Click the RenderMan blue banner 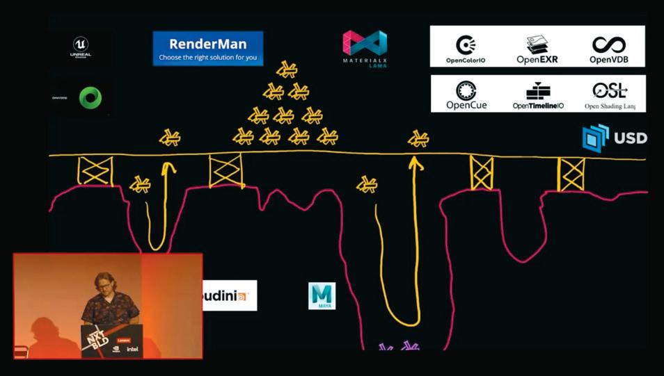tap(208, 49)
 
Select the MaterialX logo tap(365, 48)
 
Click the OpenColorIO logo tap(466, 49)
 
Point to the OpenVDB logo tap(609, 49)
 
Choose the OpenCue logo tap(466, 95)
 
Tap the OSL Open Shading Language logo tap(610, 95)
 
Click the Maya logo tap(322, 295)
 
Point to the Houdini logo tap(229, 295)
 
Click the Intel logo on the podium tap(132, 348)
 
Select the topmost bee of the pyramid tap(286, 70)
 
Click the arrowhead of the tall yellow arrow tap(416, 163)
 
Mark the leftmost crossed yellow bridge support tap(95, 171)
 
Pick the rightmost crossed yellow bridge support tap(571, 174)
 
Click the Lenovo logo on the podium tap(124, 340)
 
